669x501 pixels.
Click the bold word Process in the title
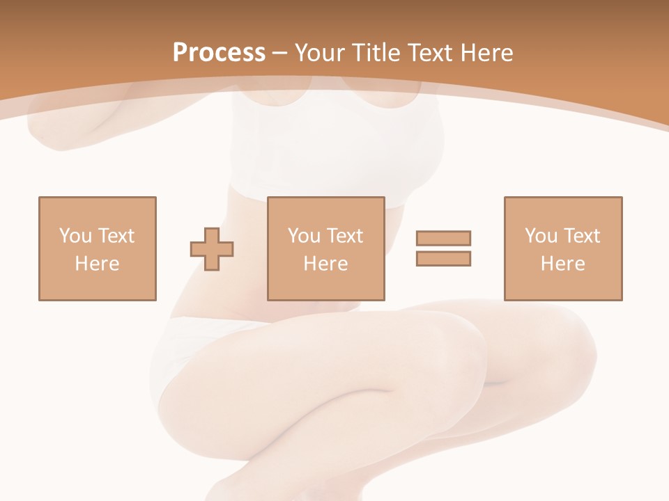pos(219,53)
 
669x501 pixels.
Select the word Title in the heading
pos(379,53)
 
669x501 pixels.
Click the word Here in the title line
pos(489,53)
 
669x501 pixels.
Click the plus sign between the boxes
pos(212,248)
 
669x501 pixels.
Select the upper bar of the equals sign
pos(443,239)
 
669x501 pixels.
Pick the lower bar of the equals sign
pos(443,258)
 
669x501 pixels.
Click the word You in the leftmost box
pos(75,236)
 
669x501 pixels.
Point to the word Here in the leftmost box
pos(97,264)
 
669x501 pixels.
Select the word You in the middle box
pos(304,236)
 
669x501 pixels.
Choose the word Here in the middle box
pos(325,264)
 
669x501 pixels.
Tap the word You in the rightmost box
pos(541,236)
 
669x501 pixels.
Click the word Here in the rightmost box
pos(562,264)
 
